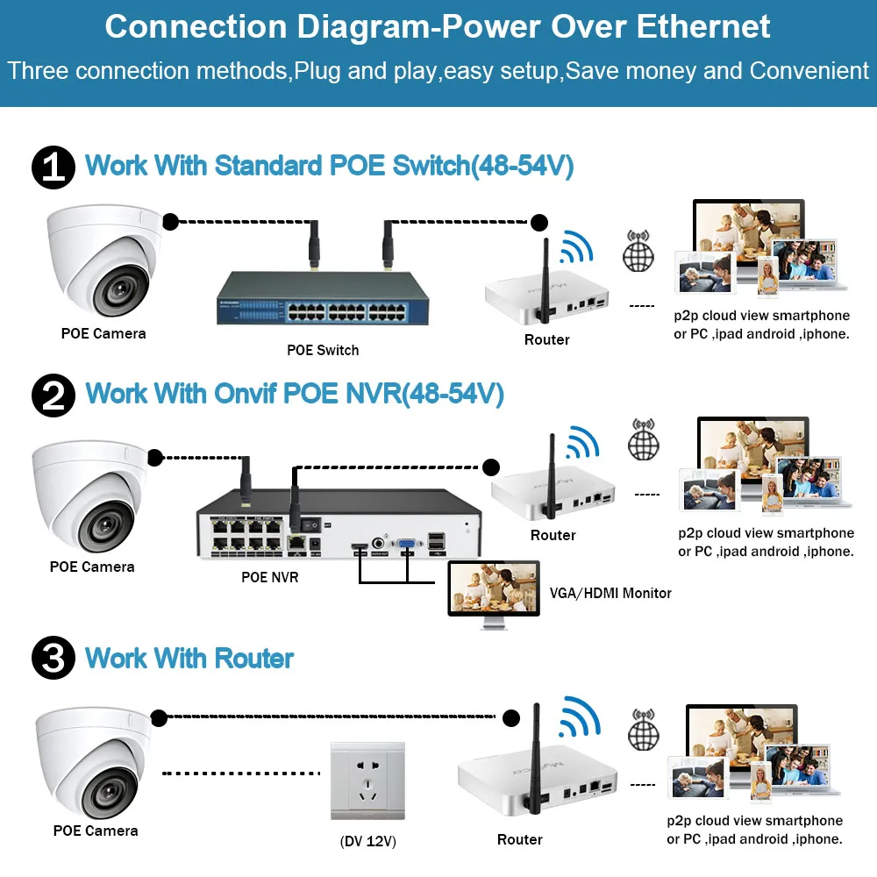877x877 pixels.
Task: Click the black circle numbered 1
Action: pyautogui.click(x=53, y=166)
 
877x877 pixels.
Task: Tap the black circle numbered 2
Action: pyautogui.click(x=53, y=395)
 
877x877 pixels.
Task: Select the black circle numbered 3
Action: pyautogui.click(x=53, y=659)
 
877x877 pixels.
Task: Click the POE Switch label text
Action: pyautogui.click(x=323, y=350)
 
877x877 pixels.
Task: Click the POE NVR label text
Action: pyautogui.click(x=270, y=577)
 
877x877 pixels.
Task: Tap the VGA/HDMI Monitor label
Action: pyautogui.click(x=610, y=593)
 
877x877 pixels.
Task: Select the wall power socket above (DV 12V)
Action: pyautogui.click(x=367, y=781)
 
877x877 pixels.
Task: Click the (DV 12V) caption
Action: pyautogui.click(x=368, y=842)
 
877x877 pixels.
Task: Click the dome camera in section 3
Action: pyautogui.click(x=92, y=763)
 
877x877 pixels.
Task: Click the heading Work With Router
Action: pyautogui.click(x=189, y=659)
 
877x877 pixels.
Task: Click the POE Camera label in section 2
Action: pyautogui.click(x=92, y=567)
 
